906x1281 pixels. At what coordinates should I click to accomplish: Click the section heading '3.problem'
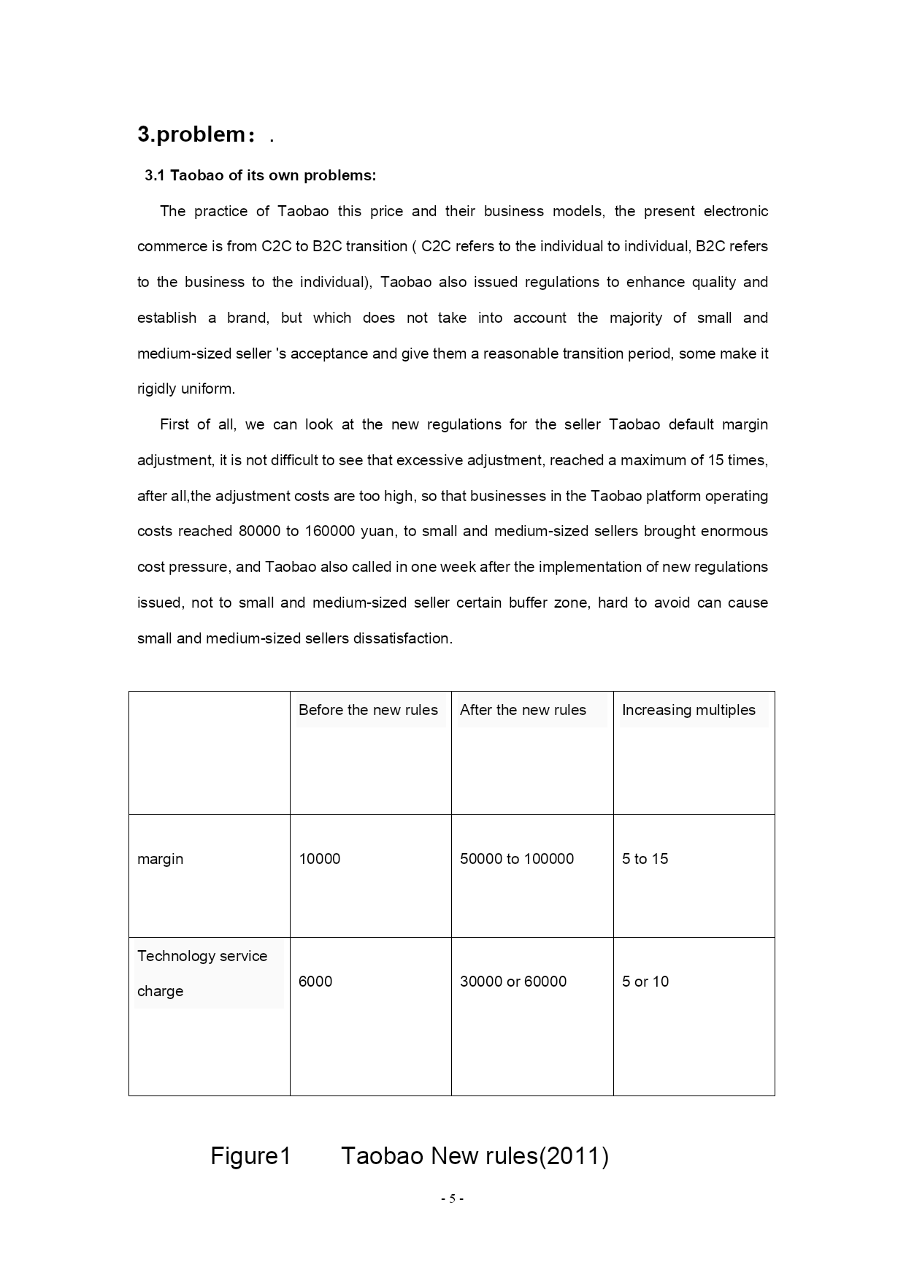pyautogui.click(x=192, y=134)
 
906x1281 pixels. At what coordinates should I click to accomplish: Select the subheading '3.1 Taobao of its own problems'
pyautogui.click(x=260, y=175)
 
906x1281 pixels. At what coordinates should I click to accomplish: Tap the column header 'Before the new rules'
pyautogui.click(x=368, y=710)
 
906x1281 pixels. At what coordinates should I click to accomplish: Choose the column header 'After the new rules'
pyautogui.click(x=523, y=710)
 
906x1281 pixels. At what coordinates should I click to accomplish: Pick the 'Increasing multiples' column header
pyautogui.click(x=688, y=710)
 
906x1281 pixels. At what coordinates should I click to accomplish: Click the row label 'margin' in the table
pyautogui.click(x=160, y=859)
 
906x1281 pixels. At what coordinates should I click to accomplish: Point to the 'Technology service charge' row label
pyautogui.click(x=201, y=973)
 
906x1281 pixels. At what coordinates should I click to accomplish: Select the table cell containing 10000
pyautogui.click(x=319, y=859)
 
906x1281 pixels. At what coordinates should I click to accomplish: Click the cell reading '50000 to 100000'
pyautogui.click(x=516, y=859)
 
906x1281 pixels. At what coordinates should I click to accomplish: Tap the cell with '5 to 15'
pyautogui.click(x=645, y=859)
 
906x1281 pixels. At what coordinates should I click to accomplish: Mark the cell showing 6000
pyautogui.click(x=315, y=982)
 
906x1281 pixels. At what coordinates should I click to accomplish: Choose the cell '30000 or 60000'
pyautogui.click(x=512, y=982)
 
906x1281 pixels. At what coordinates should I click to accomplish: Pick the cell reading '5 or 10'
pyautogui.click(x=645, y=982)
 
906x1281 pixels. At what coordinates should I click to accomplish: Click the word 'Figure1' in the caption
pyautogui.click(x=250, y=1156)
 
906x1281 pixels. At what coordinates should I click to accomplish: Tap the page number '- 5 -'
pyautogui.click(x=452, y=1198)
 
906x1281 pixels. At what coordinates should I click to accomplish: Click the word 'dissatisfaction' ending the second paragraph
pyautogui.click(x=402, y=638)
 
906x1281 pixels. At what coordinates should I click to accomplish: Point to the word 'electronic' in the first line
pyautogui.click(x=735, y=211)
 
